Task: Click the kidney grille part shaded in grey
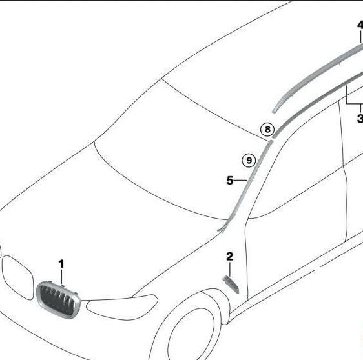(59, 299)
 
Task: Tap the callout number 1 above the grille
(61, 264)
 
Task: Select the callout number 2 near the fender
(230, 257)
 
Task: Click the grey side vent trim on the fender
(231, 285)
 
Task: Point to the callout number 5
(230, 181)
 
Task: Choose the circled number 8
(267, 129)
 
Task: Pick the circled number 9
(249, 160)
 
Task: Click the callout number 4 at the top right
(360, 25)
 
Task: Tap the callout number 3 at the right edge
(360, 118)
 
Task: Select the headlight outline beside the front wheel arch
(122, 307)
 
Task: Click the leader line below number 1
(61, 277)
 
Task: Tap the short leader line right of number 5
(241, 180)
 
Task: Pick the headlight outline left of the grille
(18, 277)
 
